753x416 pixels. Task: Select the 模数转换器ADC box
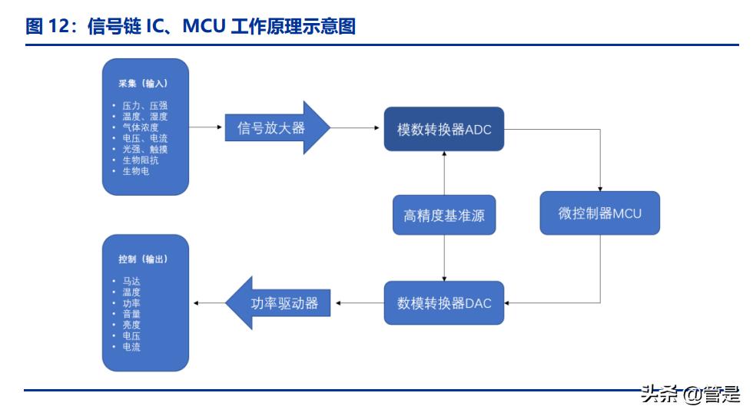click(444, 129)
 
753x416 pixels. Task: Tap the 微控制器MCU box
click(599, 213)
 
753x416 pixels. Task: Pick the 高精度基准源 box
click(444, 216)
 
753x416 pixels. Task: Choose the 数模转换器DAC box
click(444, 302)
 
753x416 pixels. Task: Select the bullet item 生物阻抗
click(141, 160)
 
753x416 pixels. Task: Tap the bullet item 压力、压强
click(144, 105)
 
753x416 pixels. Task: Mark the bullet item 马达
click(131, 281)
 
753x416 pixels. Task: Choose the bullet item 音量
click(131, 314)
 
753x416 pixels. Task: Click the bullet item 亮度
click(131, 325)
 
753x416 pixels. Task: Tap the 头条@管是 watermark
click(689, 395)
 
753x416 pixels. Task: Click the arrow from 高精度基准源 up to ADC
click(444, 172)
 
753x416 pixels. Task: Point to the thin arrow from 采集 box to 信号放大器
click(206, 127)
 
